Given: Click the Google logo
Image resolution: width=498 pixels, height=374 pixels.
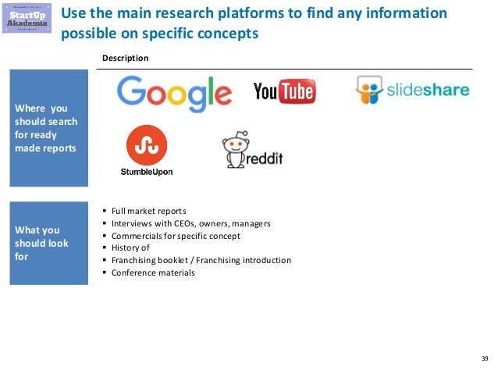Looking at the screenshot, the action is (174, 94).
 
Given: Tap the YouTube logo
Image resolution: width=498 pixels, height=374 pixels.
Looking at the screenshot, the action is (284, 92).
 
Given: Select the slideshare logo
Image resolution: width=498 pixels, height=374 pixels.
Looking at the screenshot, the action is (412, 91).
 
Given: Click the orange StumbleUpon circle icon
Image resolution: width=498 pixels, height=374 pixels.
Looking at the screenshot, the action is (147, 145).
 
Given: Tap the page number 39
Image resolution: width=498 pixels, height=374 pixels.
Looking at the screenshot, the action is (484, 358).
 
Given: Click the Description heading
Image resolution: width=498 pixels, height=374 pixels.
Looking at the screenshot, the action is (126, 59).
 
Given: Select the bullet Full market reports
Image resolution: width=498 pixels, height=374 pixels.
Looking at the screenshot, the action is (148, 211).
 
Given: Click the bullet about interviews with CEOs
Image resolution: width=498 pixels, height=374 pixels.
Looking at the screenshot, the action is (190, 223).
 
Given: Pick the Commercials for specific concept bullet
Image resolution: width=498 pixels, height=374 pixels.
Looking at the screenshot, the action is (176, 235).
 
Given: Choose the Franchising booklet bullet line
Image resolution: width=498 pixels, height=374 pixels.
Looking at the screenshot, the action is (201, 260).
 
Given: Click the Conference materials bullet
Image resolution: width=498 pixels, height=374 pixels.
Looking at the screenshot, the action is (153, 272).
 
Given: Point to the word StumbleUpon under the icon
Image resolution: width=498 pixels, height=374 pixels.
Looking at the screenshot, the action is (147, 172).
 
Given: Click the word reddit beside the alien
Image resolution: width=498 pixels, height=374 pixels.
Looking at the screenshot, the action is (265, 159).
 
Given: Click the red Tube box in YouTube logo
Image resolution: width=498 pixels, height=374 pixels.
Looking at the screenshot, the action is (297, 92).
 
